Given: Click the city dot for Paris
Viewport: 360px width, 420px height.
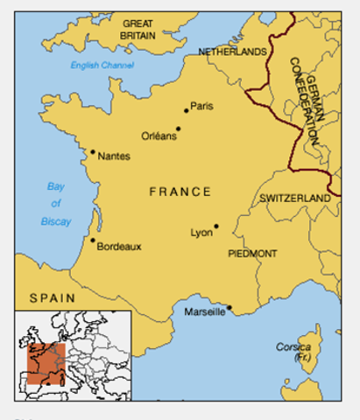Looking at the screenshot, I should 187,110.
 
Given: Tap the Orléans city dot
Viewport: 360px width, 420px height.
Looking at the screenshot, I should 178,129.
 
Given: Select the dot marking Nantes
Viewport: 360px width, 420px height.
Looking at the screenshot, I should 92,151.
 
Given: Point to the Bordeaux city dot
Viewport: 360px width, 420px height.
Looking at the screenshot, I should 92,240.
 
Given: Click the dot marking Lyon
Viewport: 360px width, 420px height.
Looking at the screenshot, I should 215,227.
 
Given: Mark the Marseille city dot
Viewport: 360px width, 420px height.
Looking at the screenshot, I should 229,307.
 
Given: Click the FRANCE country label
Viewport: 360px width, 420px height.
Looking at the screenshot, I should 180,192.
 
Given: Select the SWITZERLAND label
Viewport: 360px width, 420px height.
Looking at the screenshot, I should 295,199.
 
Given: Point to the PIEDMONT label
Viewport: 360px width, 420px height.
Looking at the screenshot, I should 252,254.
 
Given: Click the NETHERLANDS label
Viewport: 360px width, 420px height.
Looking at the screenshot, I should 232,52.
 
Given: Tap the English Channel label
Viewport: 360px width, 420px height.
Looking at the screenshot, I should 102,66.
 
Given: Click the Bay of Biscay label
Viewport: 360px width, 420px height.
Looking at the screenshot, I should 57,203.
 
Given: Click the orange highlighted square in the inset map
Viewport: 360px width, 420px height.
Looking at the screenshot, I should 46,363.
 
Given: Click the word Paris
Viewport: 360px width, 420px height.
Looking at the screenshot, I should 202,106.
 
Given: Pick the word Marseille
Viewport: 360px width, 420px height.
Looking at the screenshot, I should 204,312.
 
